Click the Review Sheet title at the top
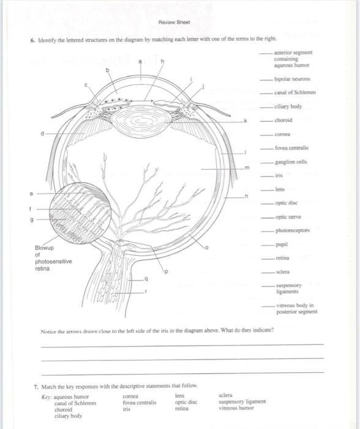(x=174, y=22)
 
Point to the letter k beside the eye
(x=246, y=121)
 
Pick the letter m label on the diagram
(x=248, y=167)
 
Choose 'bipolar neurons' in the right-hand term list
(x=293, y=80)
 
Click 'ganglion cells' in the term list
(x=291, y=162)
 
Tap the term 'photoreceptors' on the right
(x=293, y=230)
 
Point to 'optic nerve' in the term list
(x=288, y=217)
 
